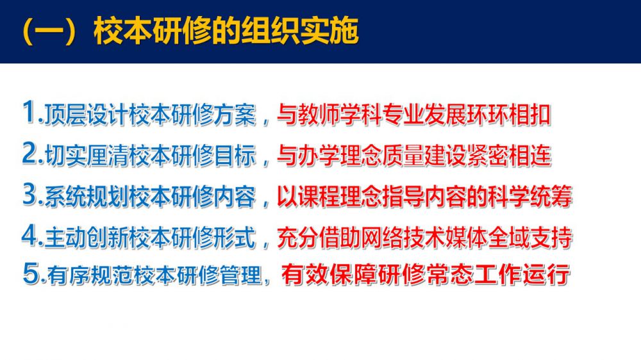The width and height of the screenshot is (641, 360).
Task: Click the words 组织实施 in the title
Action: tap(299, 31)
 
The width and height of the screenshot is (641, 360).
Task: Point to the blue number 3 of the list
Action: tap(30, 194)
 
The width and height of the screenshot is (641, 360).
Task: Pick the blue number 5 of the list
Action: tap(31, 273)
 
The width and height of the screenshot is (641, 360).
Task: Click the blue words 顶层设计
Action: tap(87, 115)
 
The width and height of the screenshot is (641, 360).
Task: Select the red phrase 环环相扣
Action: tap(508, 115)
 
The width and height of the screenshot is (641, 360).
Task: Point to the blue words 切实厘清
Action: tap(87, 156)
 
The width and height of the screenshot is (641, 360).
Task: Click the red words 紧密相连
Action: tap(509, 156)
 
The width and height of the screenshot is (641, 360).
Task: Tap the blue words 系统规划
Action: tap(87, 197)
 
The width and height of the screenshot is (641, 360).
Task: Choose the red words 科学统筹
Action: tap(529, 197)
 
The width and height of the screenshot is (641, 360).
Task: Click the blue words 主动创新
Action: tap(87, 238)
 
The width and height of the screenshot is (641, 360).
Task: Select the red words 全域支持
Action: tap(529, 238)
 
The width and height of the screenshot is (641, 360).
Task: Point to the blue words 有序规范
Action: tap(90, 275)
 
